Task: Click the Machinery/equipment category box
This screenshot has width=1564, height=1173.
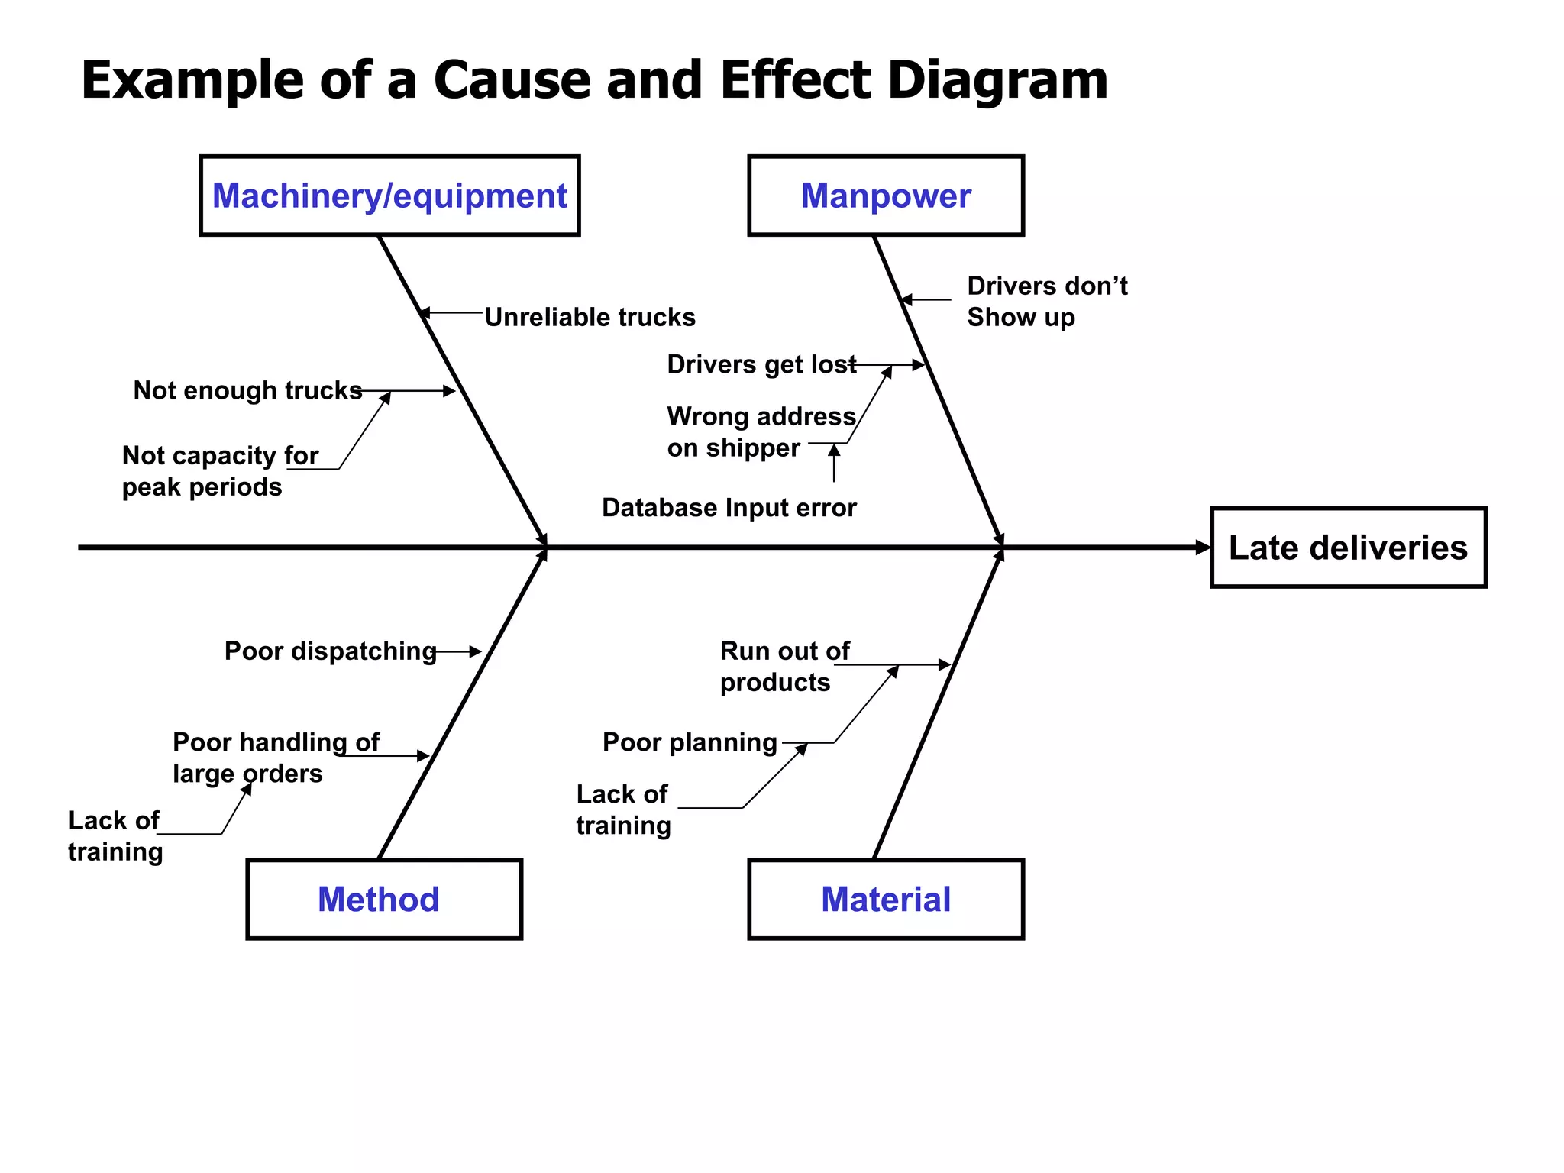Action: [389, 196]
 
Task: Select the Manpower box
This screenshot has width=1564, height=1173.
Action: [886, 196]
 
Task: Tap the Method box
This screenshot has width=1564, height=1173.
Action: [384, 900]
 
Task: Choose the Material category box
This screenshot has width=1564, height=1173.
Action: [886, 900]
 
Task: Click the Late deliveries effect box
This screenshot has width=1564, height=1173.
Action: [1348, 548]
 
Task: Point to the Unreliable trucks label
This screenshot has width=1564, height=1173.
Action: [590, 317]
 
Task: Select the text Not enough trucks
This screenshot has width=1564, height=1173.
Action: [247, 390]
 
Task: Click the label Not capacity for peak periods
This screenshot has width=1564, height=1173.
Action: [219, 471]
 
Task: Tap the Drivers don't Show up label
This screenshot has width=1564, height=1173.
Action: [1046, 301]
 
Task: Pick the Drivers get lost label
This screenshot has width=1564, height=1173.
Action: [761, 364]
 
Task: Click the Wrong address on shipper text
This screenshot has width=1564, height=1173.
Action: [761, 431]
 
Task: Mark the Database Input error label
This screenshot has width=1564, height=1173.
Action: [729, 508]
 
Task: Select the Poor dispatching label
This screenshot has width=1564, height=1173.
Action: [330, 651]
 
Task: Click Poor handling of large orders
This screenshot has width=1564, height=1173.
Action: [275, 758]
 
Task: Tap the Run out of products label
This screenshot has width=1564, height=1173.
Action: [784, 666]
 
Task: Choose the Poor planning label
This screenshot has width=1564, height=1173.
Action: [690, 742]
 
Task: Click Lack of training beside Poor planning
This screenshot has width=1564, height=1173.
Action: [623, 809]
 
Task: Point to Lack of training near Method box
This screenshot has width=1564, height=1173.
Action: [115, 835]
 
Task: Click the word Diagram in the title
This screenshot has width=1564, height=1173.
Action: [997, 80]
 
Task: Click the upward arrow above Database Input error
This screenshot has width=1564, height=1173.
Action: [834, 463]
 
